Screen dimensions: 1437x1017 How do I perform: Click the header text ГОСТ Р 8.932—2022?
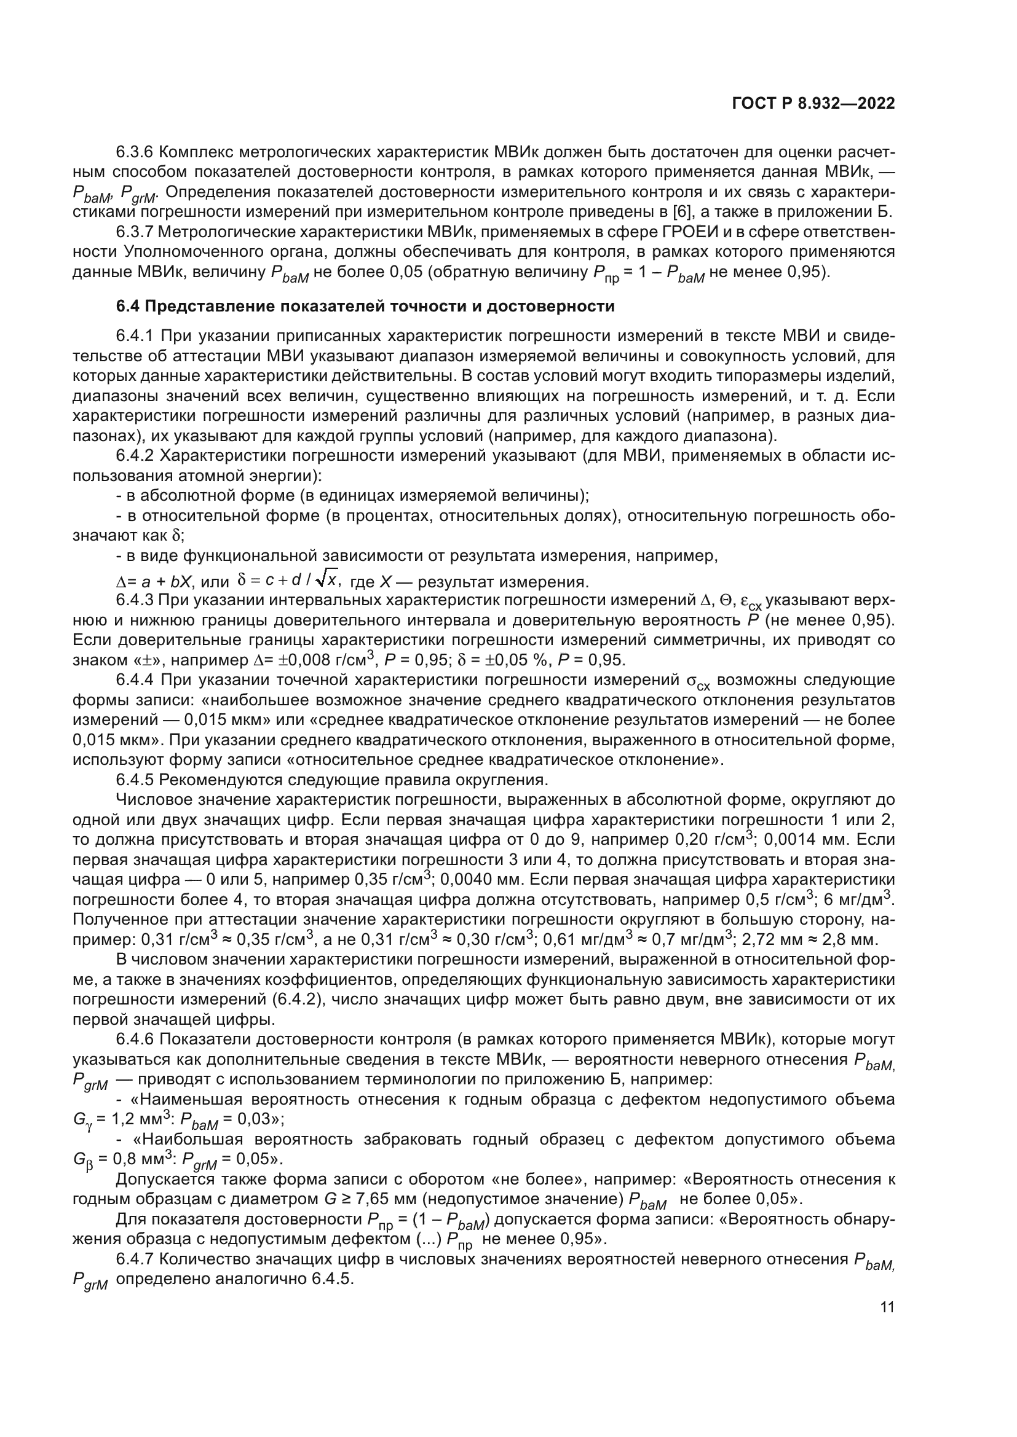(813, 104)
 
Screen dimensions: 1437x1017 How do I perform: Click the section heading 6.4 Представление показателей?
(365, 307)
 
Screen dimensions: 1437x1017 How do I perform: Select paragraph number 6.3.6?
(135, 152)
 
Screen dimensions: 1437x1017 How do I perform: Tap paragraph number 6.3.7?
(135, 232)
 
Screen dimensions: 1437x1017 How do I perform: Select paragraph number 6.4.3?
(135, 601)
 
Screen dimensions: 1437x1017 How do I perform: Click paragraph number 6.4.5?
(135, 780)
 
